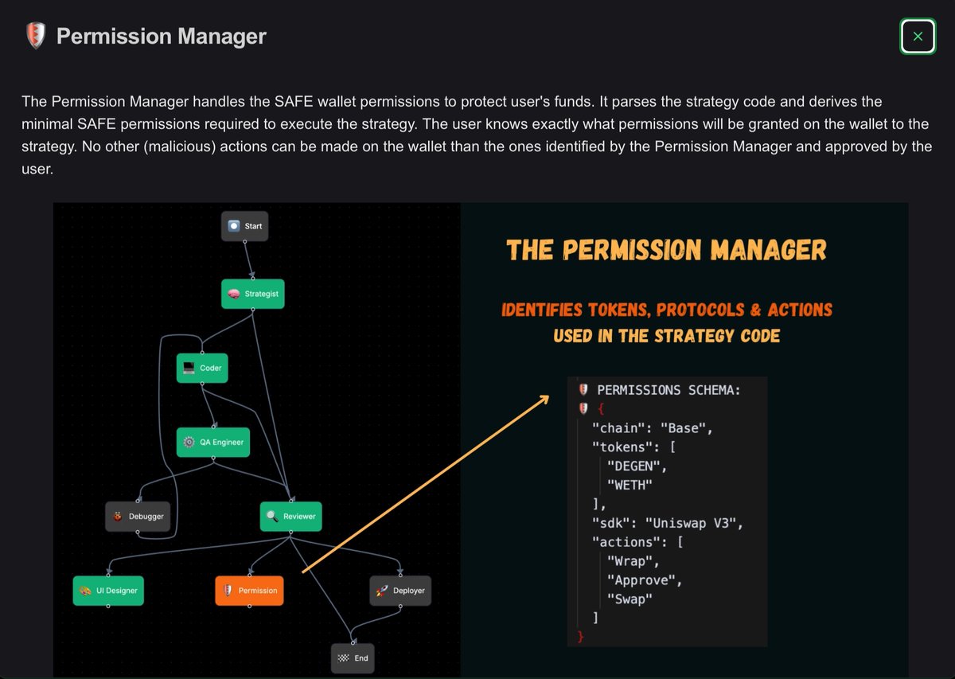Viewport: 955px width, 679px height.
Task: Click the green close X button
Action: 918,37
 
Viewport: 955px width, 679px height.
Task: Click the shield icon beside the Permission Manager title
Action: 35,36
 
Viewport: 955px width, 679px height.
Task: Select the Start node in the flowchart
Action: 245,226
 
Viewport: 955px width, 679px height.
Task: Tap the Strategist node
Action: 252,294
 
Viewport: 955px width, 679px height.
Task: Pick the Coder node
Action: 202,368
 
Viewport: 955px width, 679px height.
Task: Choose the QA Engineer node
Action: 213,442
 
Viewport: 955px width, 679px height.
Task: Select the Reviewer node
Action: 291,516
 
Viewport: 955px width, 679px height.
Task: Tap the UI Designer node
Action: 108,591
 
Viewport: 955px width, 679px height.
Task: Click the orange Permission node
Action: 249,591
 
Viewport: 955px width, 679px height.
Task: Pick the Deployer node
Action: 400,591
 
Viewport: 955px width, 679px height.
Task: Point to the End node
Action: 353,658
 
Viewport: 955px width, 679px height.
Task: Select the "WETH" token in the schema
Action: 632,485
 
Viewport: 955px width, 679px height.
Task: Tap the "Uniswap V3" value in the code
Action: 694,523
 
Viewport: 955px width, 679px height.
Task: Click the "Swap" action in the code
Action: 630,599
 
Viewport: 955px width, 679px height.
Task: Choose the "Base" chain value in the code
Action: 686,427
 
